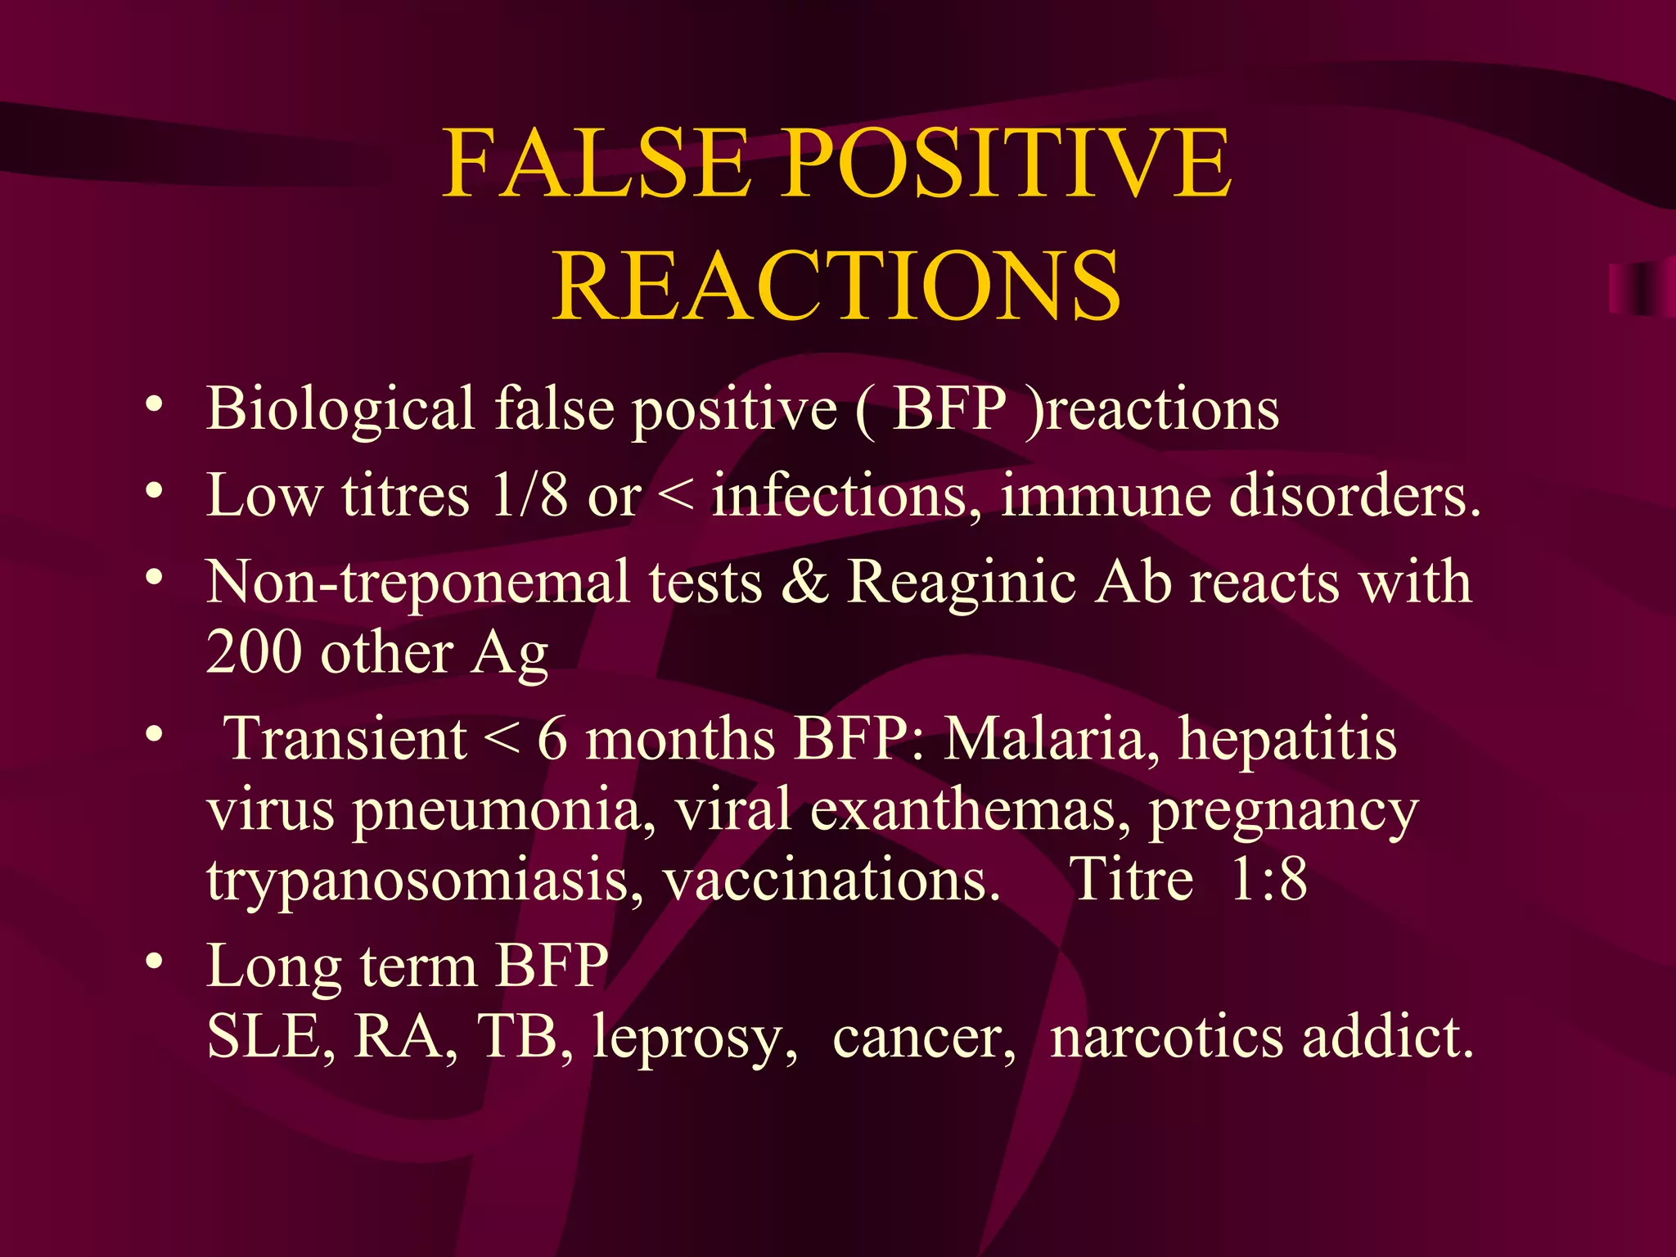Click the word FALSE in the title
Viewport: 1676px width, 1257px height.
click(x=596, y=164)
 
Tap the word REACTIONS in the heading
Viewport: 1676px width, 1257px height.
click(x=836, y=285)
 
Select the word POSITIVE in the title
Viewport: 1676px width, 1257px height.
click(x=1006, y=164)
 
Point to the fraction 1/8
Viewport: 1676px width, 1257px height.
click(x=529, y=495)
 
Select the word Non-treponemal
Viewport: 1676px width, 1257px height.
click(x=418, y=583)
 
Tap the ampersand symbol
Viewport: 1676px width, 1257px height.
click(x=804, y=583)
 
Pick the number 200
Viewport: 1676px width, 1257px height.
click(x=254, y=653)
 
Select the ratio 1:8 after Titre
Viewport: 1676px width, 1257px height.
click(x=1268, y=880)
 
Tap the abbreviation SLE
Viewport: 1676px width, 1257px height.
click(x=270, y=1037)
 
